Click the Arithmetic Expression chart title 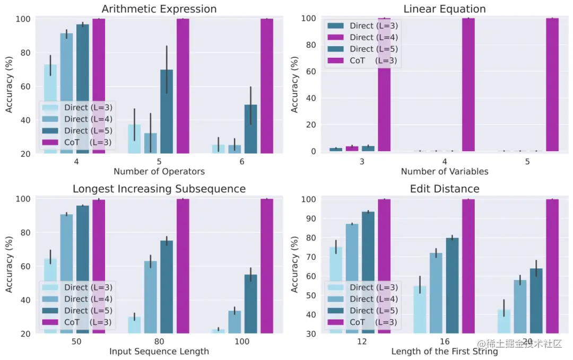coord(159,9)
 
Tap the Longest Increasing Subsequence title coord(159,189)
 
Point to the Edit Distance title coord(444,189)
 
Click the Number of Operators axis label coord(159,171)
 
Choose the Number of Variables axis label coord(444,171)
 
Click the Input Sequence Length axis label coord(159,351)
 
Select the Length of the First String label coord(444,351)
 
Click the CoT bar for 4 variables coord(468,85)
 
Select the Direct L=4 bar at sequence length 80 coord(151,297)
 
